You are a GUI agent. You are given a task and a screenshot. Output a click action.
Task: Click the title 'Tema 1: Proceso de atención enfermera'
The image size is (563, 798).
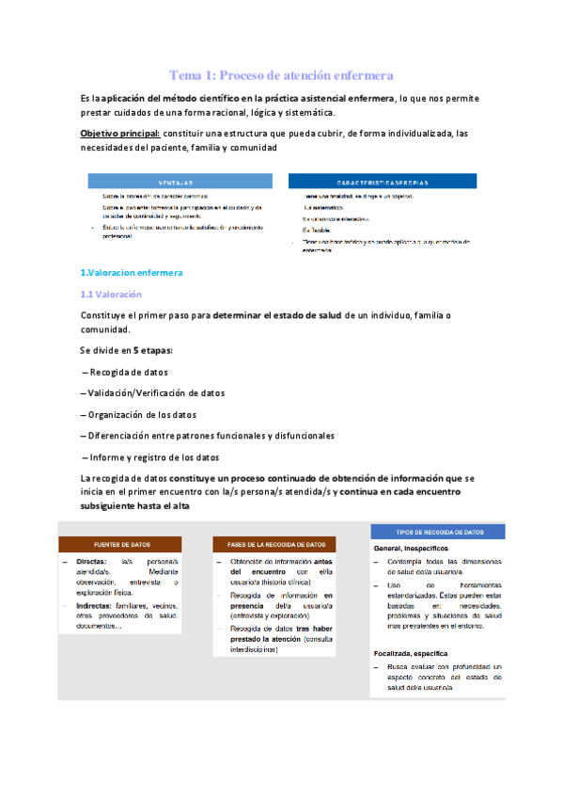click(281, 74)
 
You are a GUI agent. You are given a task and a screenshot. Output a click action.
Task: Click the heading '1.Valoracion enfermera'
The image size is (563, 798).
click(132, 273)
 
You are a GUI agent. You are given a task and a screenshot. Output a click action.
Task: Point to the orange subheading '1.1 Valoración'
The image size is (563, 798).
click(112, 295)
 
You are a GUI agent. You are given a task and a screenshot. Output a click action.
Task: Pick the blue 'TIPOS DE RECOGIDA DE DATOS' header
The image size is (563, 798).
click(440, 532)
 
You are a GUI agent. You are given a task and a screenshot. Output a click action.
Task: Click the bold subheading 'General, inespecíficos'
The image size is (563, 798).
click(411, 547)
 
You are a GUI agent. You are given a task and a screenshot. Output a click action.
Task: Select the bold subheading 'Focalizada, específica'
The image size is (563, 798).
click(411, 652)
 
